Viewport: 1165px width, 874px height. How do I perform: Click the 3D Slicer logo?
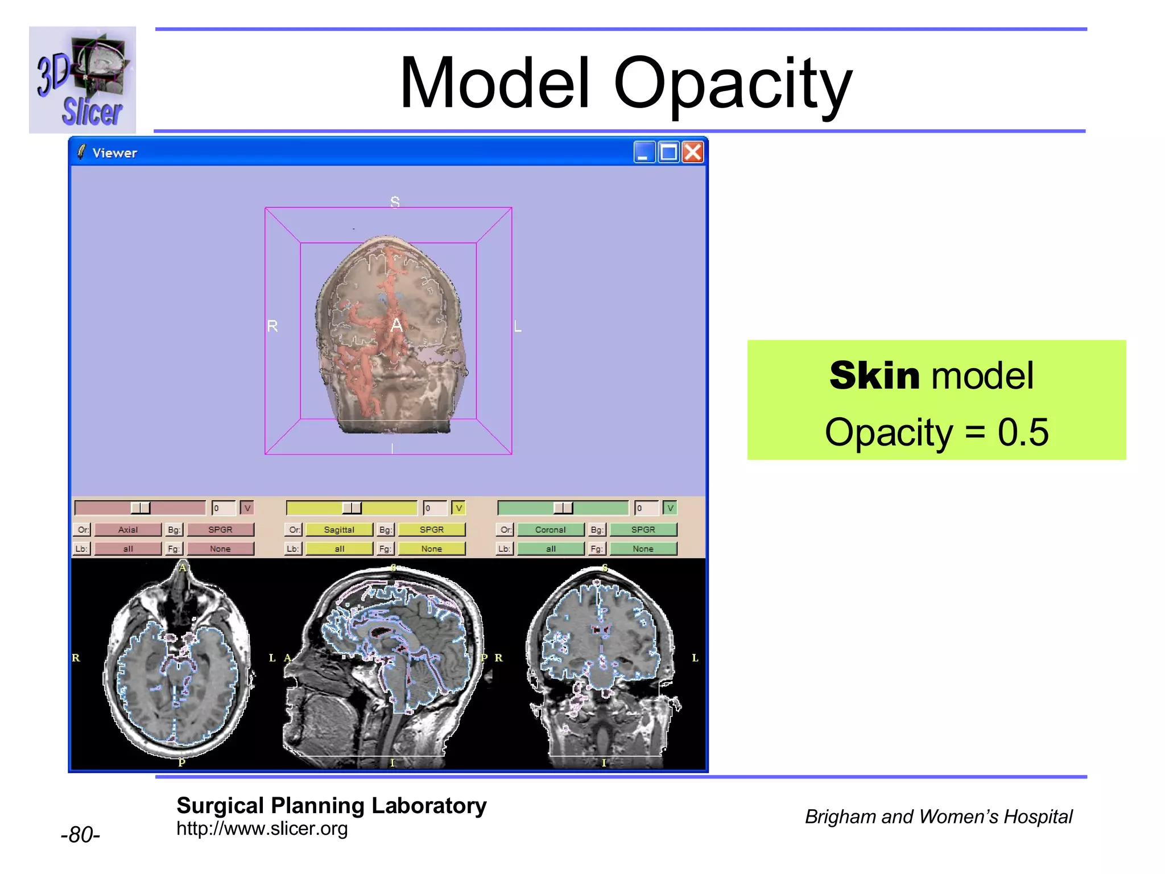[82, 80]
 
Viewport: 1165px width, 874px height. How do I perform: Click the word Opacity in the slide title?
[733, 84]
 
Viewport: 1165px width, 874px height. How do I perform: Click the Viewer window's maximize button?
[668, 152]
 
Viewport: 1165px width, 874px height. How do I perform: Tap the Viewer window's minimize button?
[644, 152]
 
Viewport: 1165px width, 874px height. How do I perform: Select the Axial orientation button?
[128, 530]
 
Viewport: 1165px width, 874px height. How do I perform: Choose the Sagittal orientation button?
[339, 530]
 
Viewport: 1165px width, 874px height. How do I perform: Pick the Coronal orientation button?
[550, 530]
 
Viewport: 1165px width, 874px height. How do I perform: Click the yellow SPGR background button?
[432, 530]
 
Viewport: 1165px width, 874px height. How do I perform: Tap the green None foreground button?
[643, 549]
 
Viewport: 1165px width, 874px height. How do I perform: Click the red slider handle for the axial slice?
[141, 508]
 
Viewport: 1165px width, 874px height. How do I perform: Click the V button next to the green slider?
[670, 508]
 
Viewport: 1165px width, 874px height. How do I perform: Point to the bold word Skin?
[874, 376]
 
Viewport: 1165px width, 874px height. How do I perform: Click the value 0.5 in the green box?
[1023, 432]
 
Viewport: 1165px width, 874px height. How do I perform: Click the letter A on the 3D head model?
[396, 325]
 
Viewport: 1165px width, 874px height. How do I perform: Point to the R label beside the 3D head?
[272, 326]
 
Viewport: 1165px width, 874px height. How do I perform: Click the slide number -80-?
[80, 834]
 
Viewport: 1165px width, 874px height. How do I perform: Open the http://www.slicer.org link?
[262, 828]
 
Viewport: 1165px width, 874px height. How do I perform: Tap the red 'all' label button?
[128, 549]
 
